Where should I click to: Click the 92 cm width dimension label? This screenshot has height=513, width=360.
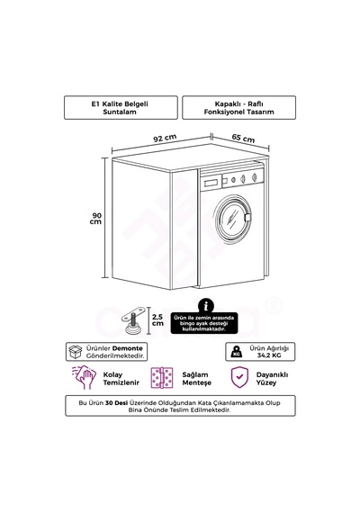pyautogui.click(x=165, y=138)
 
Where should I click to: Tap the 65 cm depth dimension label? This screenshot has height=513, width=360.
pyautogui.click(x=243, y=138)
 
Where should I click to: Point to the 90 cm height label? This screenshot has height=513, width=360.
pyautogui.click(x=96, y=219)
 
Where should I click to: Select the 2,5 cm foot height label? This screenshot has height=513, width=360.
pyautogui.click(x=157, y=320)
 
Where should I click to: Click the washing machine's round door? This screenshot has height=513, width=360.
pyautogui.click(x=233, y=217)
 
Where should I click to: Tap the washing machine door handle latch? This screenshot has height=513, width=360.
pyautogui.click(x=247, y=217)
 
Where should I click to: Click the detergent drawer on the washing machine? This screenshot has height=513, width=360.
pyautogui.click(x=211, y=182)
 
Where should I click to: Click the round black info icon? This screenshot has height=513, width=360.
pyautogui.click(x=206, y=306)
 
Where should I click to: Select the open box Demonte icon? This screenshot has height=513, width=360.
pyautogui.click(x=76, y=352)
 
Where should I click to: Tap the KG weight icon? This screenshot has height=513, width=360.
pyautogui.click(x=237, y=352)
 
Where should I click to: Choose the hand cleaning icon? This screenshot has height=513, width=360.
pyautogui.click(x=84, y=378)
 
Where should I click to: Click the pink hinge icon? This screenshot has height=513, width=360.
pyautogui.click(x=162, y=378)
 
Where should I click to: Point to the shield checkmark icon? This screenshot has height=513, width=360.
pyautogui.click(x=239, y=377)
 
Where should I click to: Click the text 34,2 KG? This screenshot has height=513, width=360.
pyautogui.click(x=269, y=355)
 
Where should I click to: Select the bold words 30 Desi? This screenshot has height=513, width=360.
pyautogui.click(x=116, y=402)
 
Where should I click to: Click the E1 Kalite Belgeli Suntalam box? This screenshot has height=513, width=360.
pyautogui.click(x=121, y=108)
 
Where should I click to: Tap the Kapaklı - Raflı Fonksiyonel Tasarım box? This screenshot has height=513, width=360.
pyautogui.click(x=238, y=108)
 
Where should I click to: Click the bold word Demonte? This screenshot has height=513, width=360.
pyautogui.click(x=127, y=348)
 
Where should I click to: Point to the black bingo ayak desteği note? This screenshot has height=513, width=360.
pyautogui.click(x=204, y=323)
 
